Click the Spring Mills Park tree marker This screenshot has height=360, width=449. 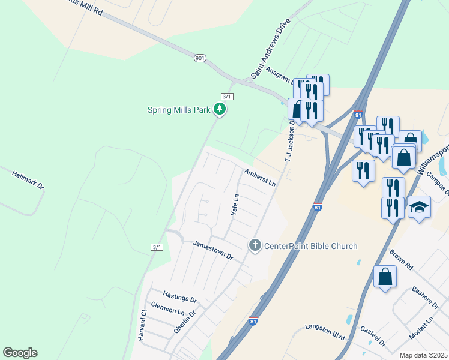[220, 109]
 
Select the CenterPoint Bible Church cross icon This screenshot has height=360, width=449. [255, 245]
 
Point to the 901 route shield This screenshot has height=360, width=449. [200, 58]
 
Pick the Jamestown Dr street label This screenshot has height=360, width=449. [212, 250]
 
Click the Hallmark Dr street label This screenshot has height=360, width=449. [28, 180]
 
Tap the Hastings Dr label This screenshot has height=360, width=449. [180, 296]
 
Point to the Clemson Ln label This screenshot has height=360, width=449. [167, 308]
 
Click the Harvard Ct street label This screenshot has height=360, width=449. [143, 326]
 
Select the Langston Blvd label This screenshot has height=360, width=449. [323, 328]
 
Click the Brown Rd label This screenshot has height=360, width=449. [401, 259]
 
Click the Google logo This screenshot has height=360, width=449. [20, 353]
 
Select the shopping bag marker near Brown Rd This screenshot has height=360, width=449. [385, 277]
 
